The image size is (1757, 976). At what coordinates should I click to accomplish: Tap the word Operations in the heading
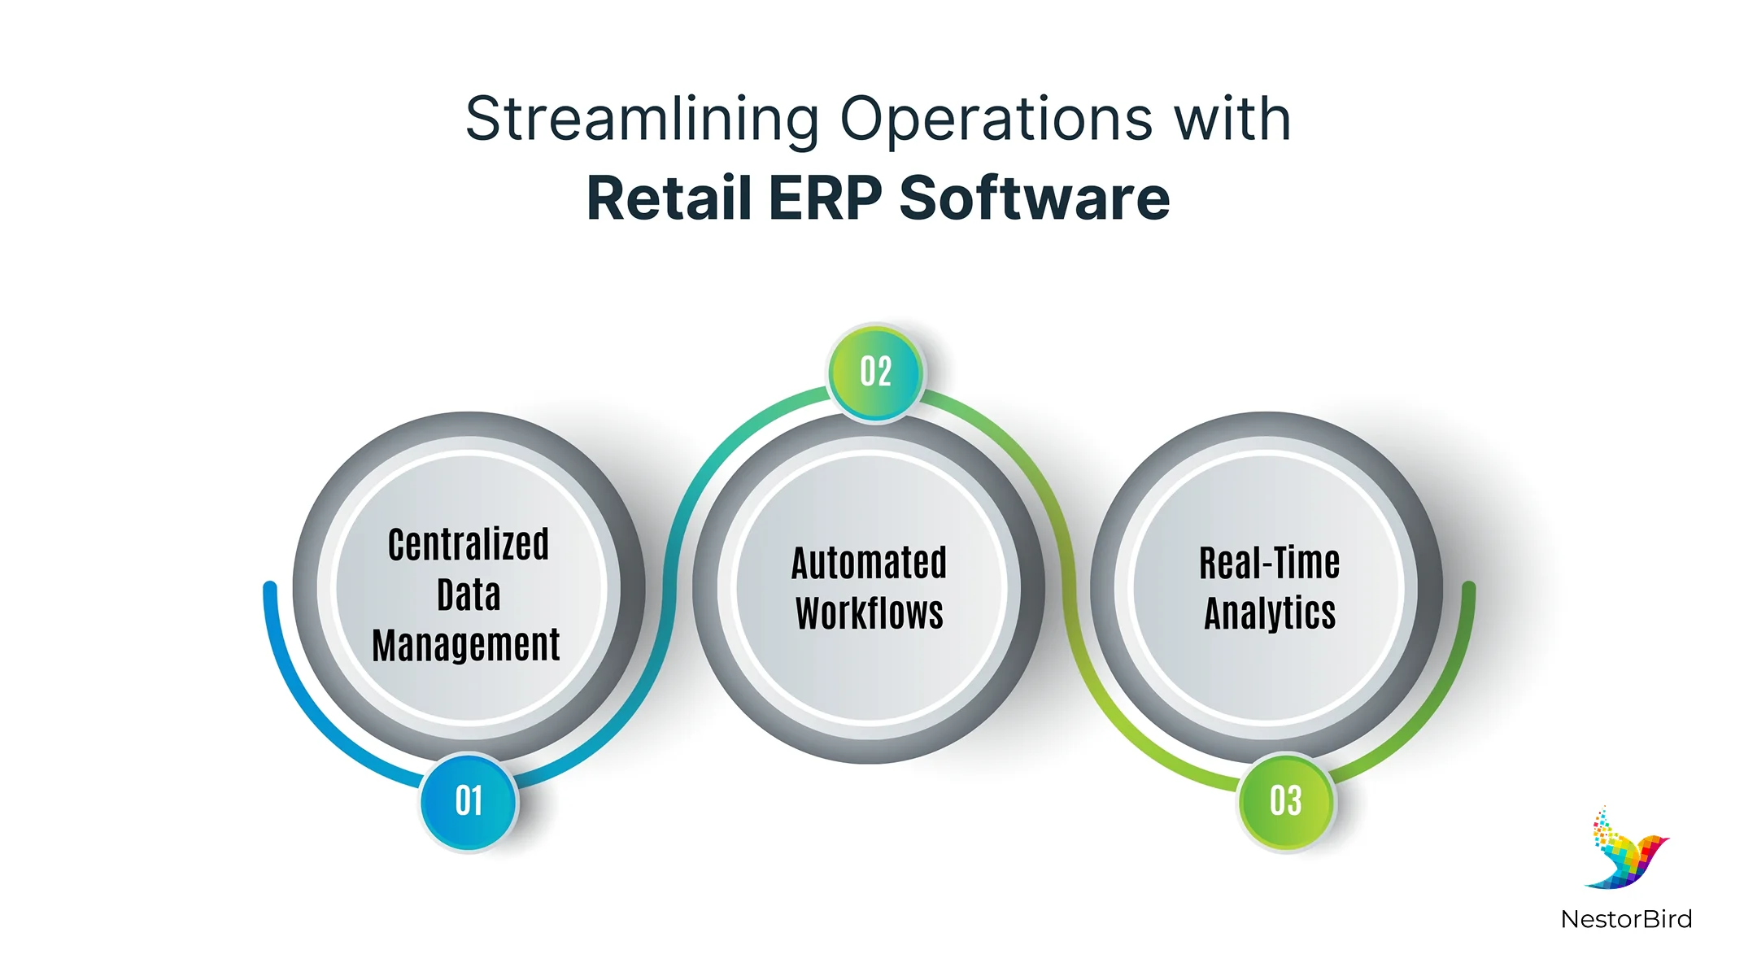click(996, 120)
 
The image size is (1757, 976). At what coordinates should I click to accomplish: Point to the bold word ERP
click(825, 198)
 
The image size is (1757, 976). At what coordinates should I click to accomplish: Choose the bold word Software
click(1035, 198)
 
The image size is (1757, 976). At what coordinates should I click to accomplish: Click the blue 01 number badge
click(469, 801)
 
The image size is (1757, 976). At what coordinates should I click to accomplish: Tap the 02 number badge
click(876, 373)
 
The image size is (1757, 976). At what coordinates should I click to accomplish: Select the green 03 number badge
click(1286, 801)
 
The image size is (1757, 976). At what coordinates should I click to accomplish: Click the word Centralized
click(469, 545)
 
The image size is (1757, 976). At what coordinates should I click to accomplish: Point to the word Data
click(469, 595)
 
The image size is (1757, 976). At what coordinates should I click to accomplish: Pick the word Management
click(466, 646)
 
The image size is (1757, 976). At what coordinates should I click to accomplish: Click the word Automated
click(869, 563)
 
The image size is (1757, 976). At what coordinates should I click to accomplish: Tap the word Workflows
click(869, 613)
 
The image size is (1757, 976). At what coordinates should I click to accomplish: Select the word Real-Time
click(1270, 563)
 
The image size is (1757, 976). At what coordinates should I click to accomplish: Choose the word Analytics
click(1270, 613)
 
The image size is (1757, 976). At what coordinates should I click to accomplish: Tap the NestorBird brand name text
click(1626, 919)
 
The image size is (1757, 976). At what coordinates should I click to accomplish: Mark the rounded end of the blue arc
click(270, 588)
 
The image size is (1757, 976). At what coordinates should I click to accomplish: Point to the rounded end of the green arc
click(1468, 588)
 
